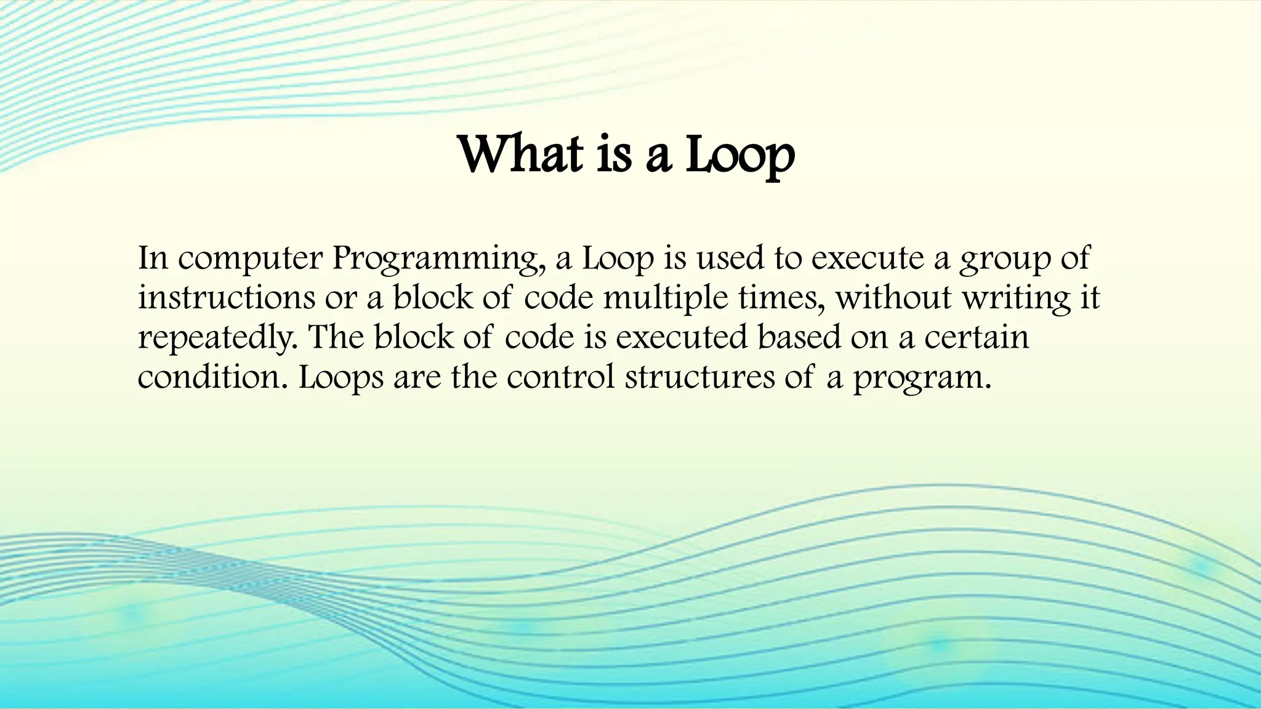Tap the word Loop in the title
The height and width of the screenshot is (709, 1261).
[x=740, y=155]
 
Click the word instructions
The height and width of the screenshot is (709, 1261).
[x=226, y=298]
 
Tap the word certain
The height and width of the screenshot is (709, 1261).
[x=977, y=337]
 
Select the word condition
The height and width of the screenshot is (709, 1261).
[x=212, y=377]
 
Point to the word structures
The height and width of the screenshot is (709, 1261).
[x=700, y=377]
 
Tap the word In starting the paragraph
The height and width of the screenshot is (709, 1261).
[x=153, y=258]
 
